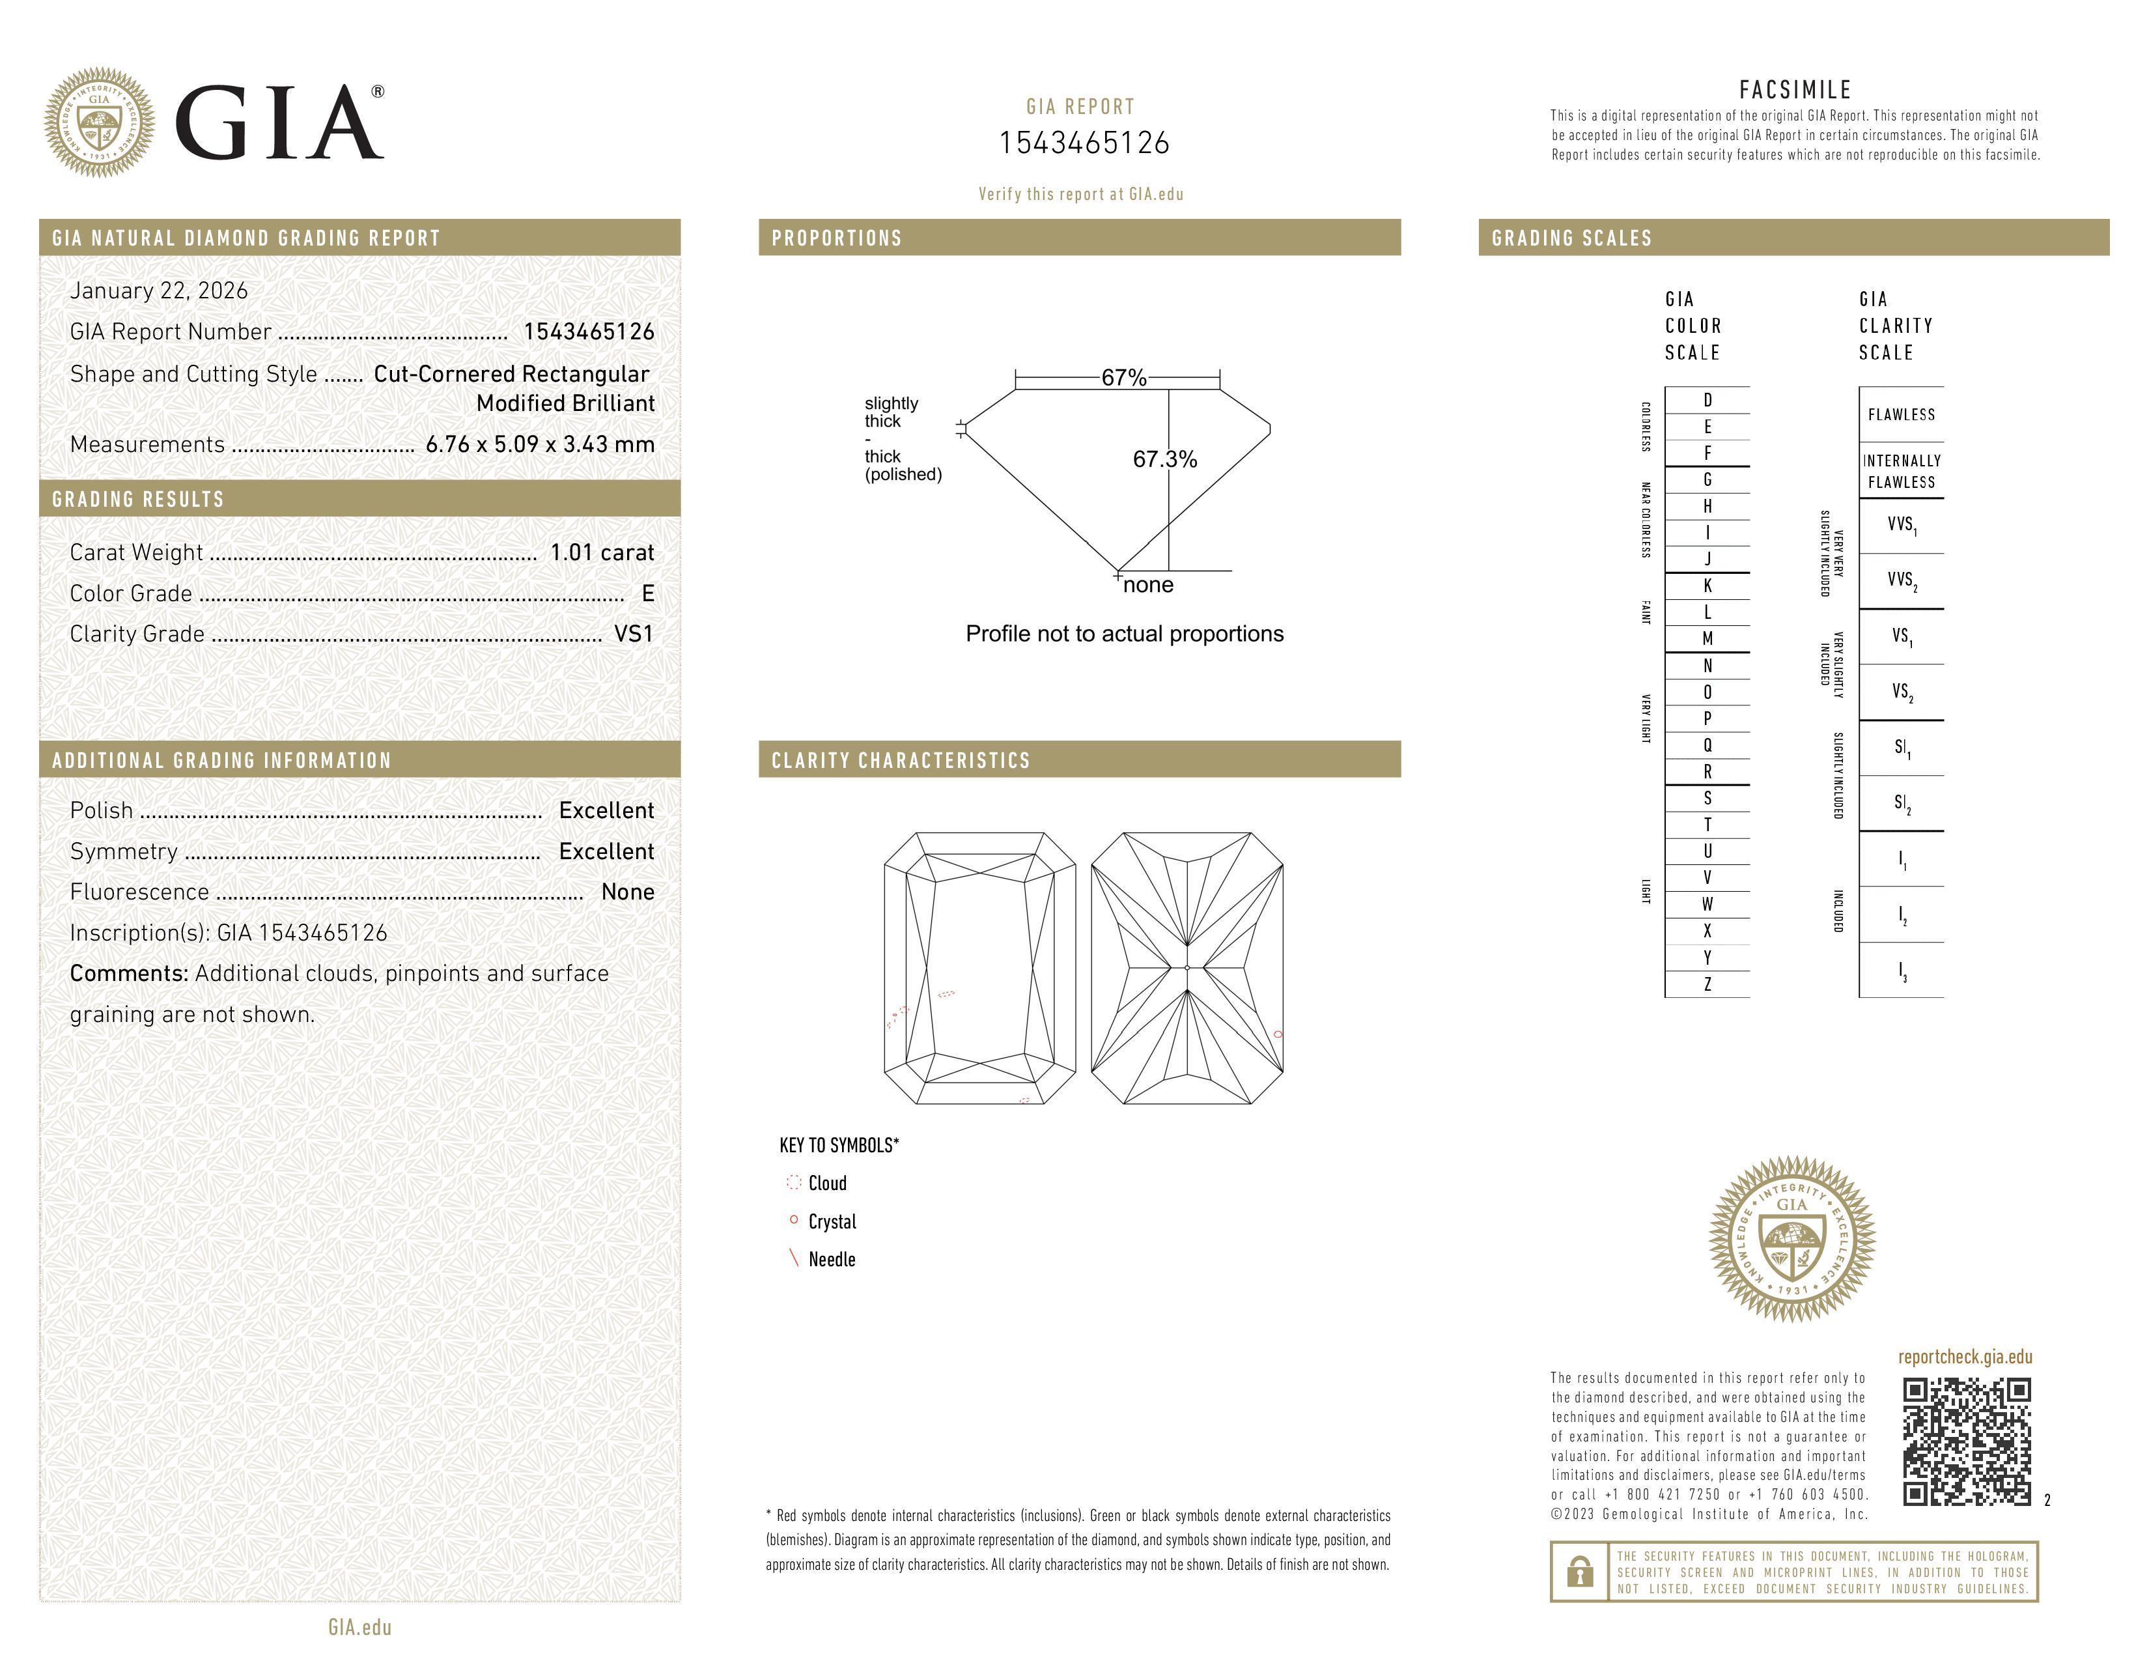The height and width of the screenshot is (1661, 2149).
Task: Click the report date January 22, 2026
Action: click(x=158, y=291)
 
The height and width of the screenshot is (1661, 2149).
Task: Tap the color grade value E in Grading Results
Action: click(x=647, y=593)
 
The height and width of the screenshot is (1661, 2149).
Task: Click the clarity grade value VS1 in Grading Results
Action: click(x=633, y=634)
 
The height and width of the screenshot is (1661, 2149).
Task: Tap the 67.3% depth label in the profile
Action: click(x=1164, y=459)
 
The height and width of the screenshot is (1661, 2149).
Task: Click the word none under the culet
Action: click(x=1148, y=586)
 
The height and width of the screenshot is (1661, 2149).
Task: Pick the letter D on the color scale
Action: click(x=1707, y=399)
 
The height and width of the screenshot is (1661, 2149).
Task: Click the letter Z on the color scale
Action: click(x=1707, y=984)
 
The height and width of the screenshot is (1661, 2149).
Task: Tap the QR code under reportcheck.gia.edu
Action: click(x=1966, y=1441)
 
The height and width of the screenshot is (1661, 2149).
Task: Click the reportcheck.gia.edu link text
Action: click(x=1964, y=1357)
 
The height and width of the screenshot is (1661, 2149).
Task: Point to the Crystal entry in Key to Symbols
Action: click(x=832, y=1221)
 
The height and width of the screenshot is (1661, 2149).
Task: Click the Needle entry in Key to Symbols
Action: click(x=832, y=1260)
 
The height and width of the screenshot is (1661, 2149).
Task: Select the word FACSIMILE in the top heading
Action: click(x=1795, y=89)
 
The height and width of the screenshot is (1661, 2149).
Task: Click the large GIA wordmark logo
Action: click(x=279, y=123)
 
